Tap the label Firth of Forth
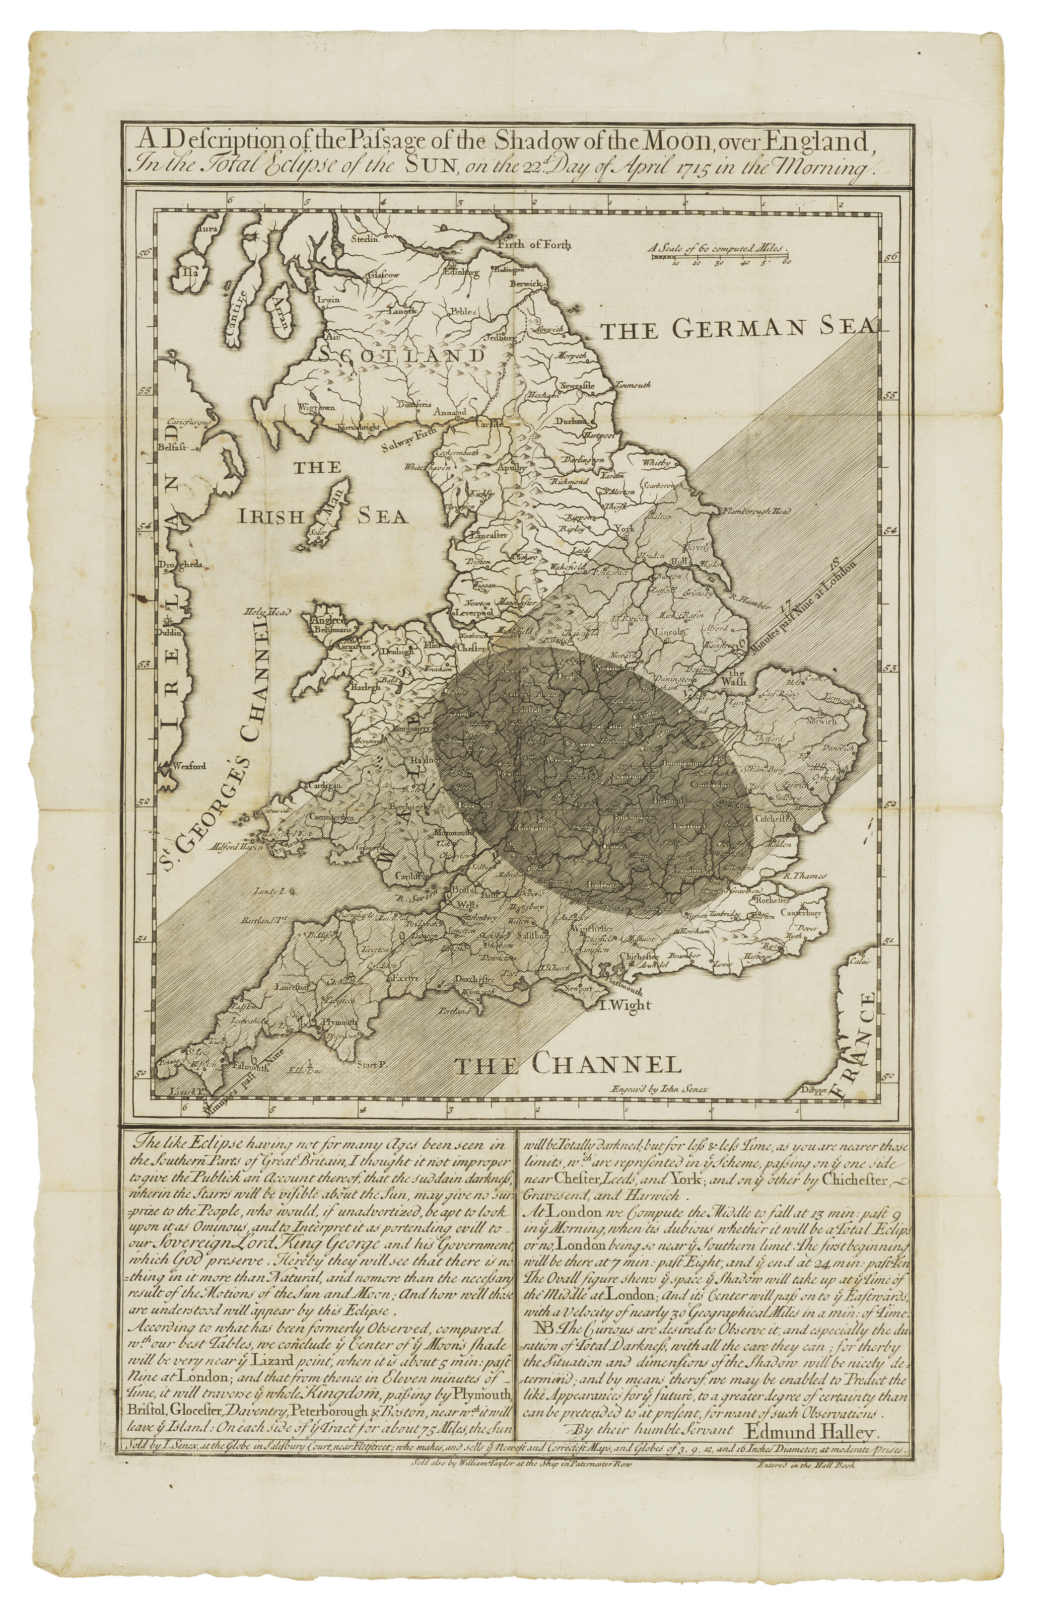534,245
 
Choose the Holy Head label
266,612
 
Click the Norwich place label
820,721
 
